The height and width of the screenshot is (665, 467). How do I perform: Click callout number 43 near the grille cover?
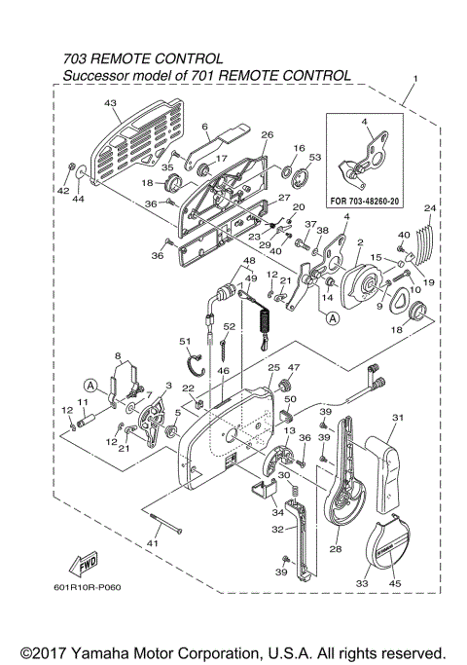click(110, 103)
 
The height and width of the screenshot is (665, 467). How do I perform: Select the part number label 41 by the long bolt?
click(152, 541)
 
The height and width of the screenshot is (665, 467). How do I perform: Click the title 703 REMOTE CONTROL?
click(142, 59)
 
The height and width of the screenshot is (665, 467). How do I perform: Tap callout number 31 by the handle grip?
click(397, 419)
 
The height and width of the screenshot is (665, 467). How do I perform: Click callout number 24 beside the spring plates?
click(430, 207)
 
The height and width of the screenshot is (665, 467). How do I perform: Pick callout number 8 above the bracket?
click(117, 357)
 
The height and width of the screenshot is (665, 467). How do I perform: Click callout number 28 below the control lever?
click(336, 550)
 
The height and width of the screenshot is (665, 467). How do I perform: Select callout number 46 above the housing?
click(223, 371)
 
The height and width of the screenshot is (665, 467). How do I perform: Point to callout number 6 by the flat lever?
click(205, 127)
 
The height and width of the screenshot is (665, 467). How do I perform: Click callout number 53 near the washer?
click(314, 156)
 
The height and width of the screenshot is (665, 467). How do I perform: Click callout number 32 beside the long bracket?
click(276, 531)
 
